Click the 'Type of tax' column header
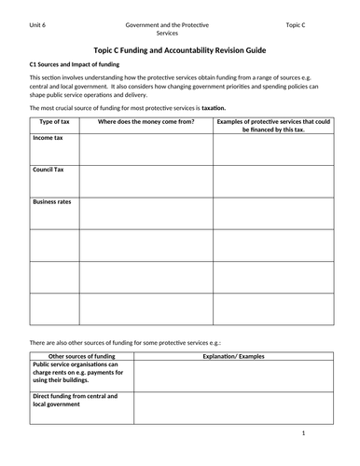tap(53, 122)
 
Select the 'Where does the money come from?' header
tap(145, 122)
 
